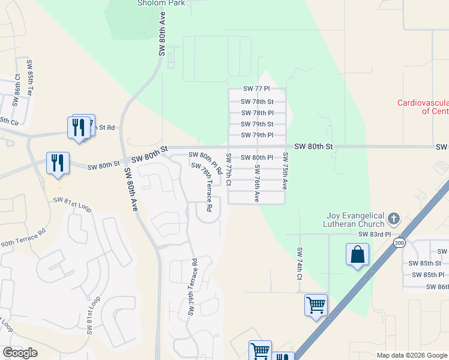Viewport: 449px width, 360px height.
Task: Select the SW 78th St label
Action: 258,102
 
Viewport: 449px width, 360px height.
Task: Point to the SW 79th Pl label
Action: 258,135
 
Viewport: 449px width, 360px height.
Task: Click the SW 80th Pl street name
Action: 258,158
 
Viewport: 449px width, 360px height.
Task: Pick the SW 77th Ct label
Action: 229,169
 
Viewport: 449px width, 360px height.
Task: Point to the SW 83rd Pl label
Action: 375,234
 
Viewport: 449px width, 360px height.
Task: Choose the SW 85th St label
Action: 425,263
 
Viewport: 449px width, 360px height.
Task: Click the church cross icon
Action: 394,218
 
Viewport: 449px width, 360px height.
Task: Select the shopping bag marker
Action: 357,254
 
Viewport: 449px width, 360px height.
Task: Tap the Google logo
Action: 20,352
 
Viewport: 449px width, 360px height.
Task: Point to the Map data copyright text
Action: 411,355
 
